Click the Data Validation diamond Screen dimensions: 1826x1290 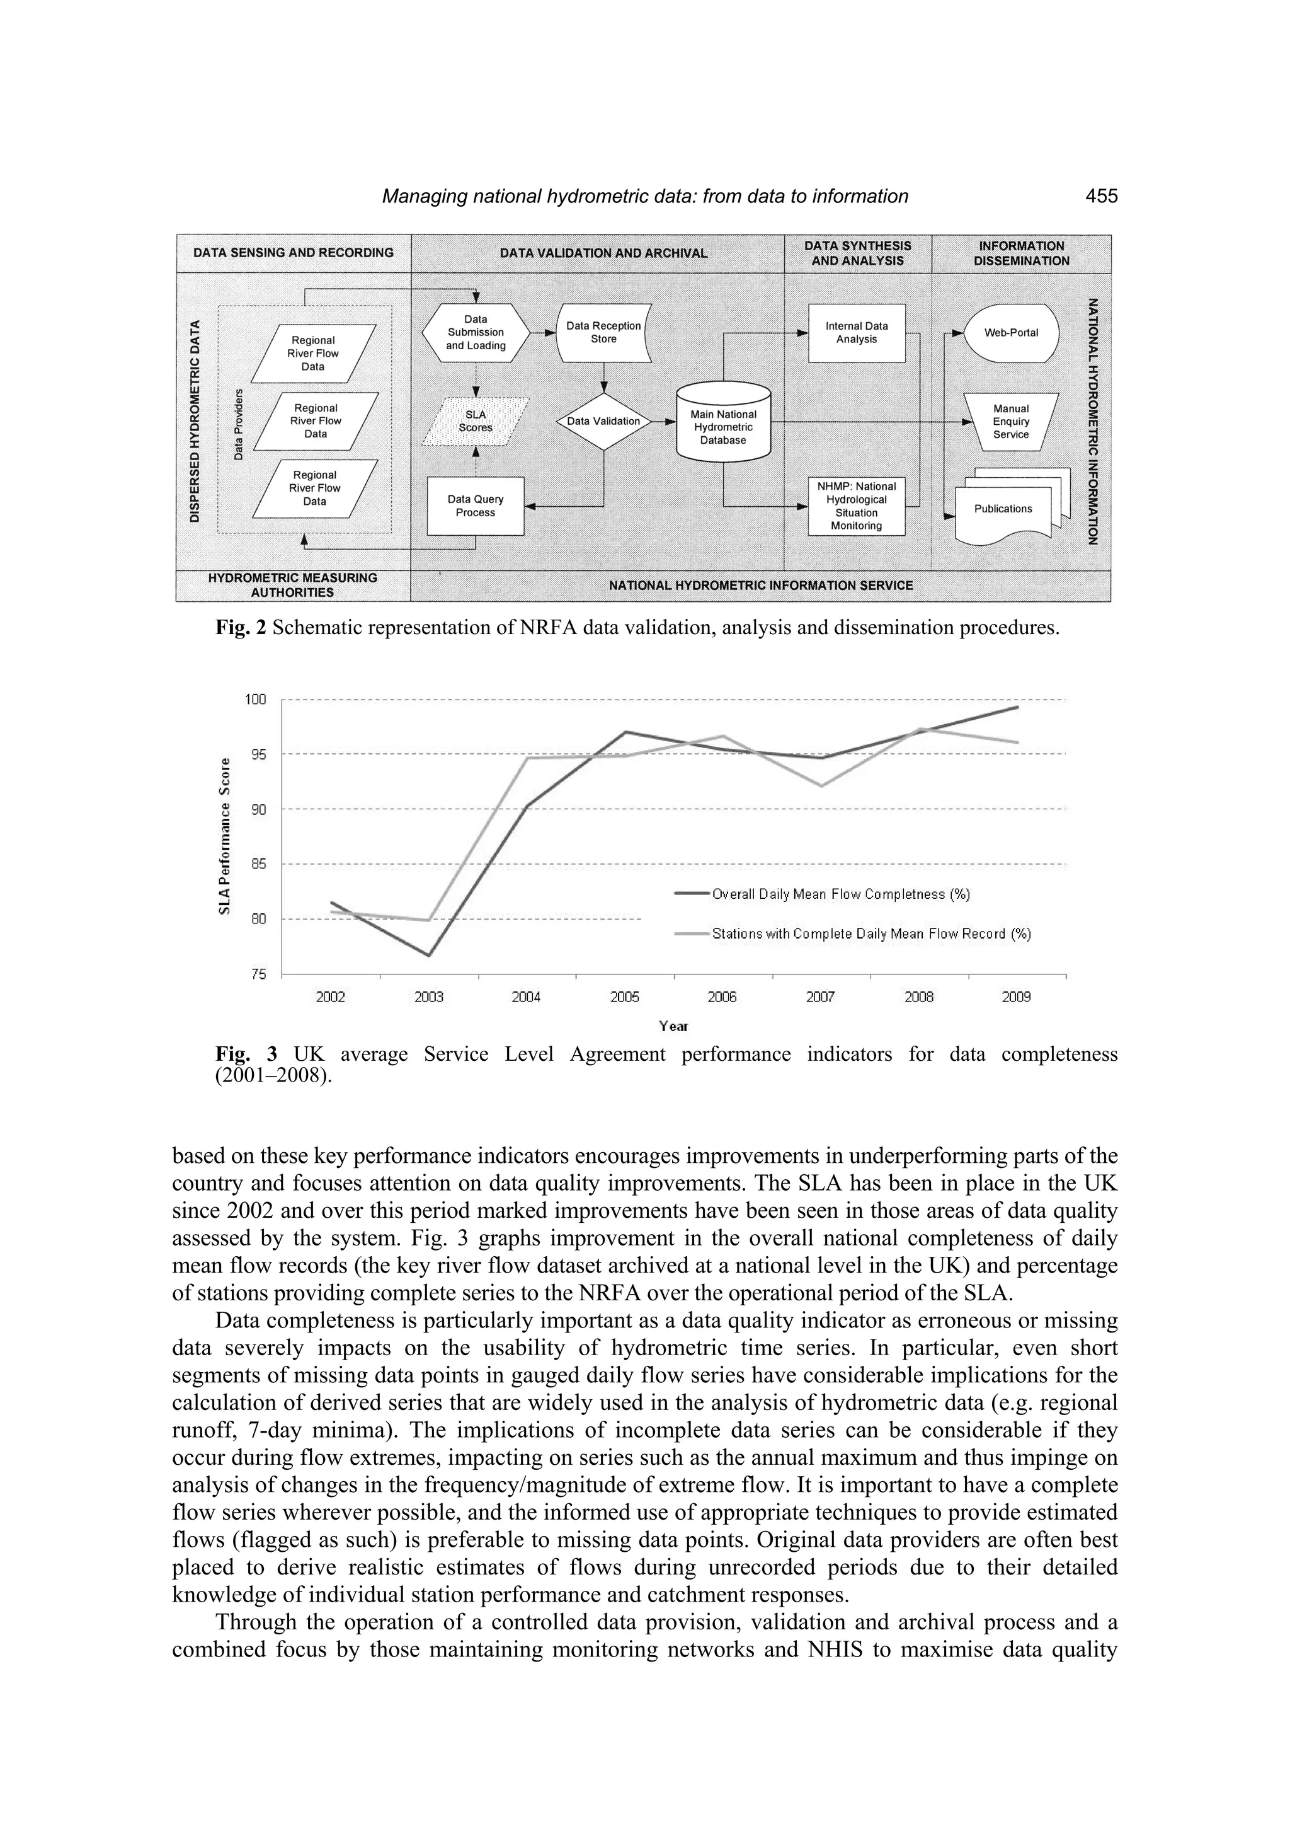pyautogui.click(x=603, y=422)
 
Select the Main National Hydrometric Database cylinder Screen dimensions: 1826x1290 pyautogui.click(x=723, y=426)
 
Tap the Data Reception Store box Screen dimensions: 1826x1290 pyautogui.click(x=603, y=332)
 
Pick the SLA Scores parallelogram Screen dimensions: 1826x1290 pyautogui.click(x=476, y=422)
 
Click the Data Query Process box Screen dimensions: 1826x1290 pyautogui.click(x=476, y=506)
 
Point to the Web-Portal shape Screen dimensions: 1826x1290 pyautogui.click(x=1011, y=332)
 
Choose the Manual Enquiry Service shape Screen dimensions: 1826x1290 pyautogui.click(x=1011, y=422)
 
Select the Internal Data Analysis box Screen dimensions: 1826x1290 pyautogui.click(x=857, y=332)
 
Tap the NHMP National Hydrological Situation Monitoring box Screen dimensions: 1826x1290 pyautogui.click(x=857, y=506)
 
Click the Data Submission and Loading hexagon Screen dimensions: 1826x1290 pyautogui.click(x=476, y=332)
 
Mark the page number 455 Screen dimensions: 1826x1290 pyautogui.click(x=1101, y=197)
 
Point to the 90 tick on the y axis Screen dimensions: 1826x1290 pyautogui.click(x=258, y=809)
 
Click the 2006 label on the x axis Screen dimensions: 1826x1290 pyautogui.click(x=722, y=997)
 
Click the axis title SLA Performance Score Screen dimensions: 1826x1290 pyautogui.click(x=225, y=836)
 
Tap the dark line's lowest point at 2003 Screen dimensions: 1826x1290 pyautogui.click(x=428, y=955)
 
